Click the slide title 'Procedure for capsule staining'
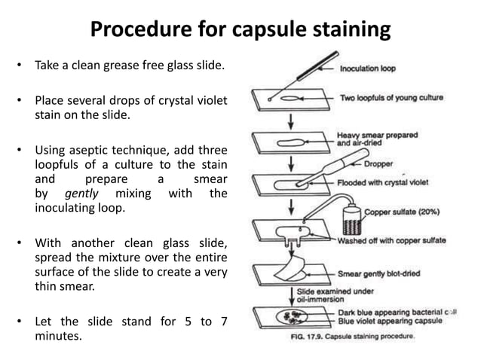[240, 29]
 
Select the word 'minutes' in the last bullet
[58, 335]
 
